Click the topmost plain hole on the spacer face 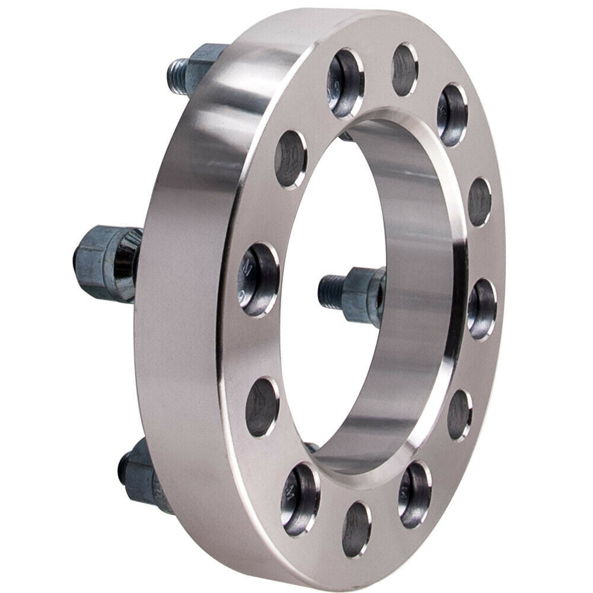tap(405, 70)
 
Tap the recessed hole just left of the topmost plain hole tap(346, 83)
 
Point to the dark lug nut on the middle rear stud tap(95, 261)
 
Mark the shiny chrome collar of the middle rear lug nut tap(126, 264)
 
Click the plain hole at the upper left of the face tap(291, 158)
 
